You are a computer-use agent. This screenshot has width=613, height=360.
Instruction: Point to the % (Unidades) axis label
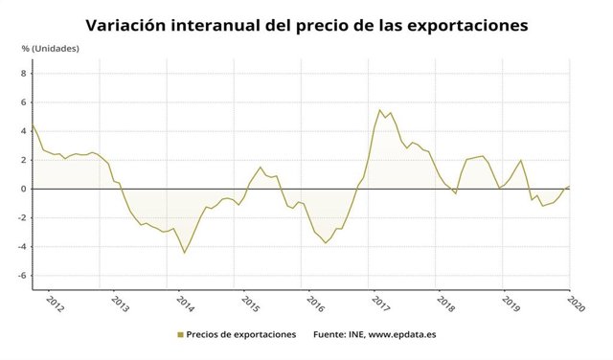52,48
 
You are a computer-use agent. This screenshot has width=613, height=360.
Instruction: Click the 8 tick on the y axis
23,73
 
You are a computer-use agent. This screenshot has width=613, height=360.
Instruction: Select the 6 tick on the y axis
23,101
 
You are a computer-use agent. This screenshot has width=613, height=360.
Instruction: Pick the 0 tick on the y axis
23,189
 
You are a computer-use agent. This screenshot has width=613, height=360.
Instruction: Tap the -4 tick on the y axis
21,246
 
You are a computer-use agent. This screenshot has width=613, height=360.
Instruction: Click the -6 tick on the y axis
21,275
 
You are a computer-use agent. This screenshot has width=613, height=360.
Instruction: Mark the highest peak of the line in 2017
380,109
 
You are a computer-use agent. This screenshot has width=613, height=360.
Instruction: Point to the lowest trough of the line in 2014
185,253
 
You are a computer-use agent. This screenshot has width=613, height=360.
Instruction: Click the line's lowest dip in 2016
326,243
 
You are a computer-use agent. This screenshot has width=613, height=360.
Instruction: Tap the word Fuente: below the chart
329,335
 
